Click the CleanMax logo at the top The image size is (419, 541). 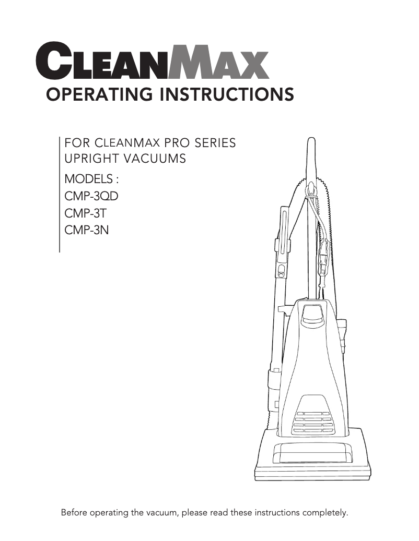[152, 62]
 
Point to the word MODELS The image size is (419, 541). [89, 179]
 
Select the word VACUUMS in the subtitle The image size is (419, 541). [160, 159]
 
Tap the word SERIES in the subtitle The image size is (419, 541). [212, 143]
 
